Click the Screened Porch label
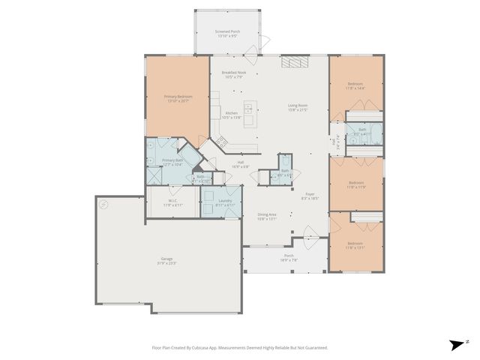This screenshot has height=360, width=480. [227, 34]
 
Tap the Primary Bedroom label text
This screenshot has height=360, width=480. [178, 98]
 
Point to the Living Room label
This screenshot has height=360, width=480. [298, 107]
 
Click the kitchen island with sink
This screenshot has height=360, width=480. [249, 116]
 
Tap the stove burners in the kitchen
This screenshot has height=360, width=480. [222, 142]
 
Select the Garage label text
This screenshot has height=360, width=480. [166, 260]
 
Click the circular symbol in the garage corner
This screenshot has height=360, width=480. [104, 204]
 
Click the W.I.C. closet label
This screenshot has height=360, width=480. [172, 202]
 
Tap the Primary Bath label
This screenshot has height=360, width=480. [173, 162]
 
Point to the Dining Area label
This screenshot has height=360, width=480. [268, 217]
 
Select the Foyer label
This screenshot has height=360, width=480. [310, 196]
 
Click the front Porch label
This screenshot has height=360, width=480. [289, 258]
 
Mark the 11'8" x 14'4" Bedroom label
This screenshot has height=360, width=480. [355, 85]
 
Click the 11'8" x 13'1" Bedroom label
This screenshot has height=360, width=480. [355, 245]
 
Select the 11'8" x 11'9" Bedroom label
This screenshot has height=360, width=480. [355, 184]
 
